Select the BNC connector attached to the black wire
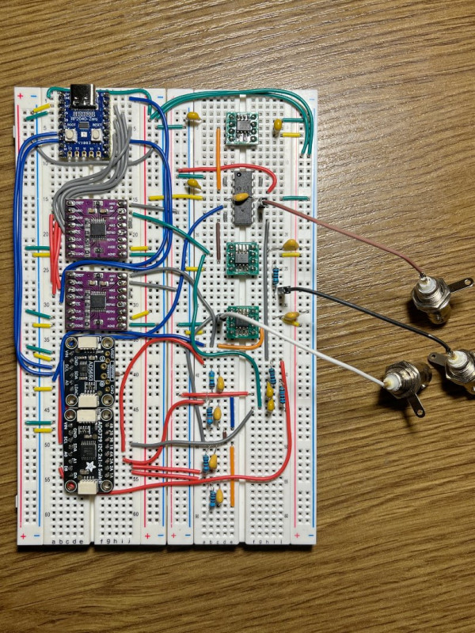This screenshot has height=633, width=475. [x=455, y=368]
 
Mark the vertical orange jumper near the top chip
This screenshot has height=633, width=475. [x=218, y=148]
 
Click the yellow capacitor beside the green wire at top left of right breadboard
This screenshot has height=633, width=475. [x=192, y=118]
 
